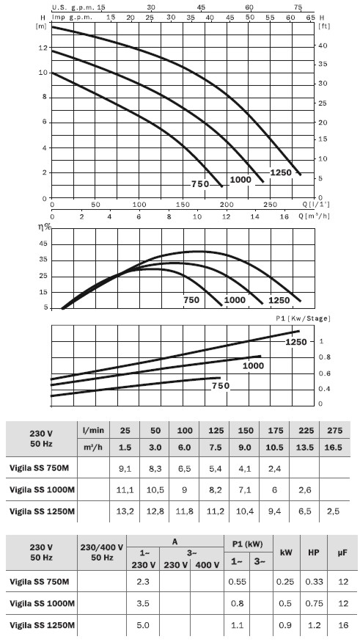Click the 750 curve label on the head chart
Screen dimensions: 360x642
point(200,184)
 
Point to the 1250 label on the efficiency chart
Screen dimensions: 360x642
point(279,300)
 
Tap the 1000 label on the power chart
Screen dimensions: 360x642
point(253,365)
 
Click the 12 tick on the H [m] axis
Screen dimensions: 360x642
point(43,48)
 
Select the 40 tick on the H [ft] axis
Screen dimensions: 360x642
point(323,45)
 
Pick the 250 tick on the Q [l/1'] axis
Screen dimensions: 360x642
point(271,204)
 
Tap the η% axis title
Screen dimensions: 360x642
point(45,227)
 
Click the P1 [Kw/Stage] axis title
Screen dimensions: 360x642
point(303,318)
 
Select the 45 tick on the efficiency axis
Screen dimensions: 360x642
point(43,244)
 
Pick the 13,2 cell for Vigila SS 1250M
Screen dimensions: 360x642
point(125,511)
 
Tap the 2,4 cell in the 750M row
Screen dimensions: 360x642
point(275,468)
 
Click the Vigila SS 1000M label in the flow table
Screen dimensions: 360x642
point(42,489)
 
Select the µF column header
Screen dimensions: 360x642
point(342,552)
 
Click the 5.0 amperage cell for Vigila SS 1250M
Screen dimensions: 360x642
point(143,625)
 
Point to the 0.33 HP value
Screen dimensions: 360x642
point(314,582)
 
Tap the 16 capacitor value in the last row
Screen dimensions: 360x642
point(343,625)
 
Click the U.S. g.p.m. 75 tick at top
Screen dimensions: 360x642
point(298,7)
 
